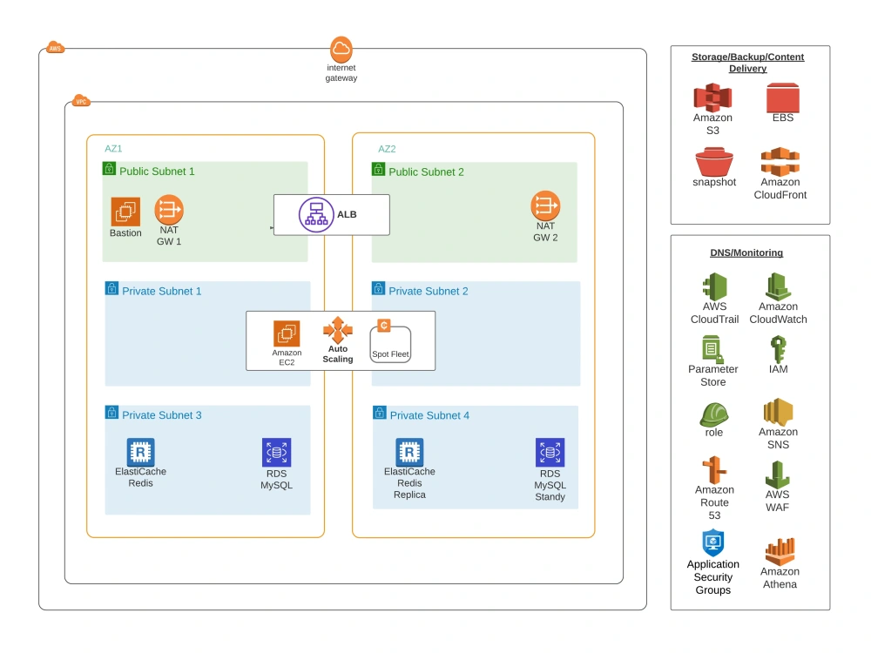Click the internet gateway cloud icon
pos(341,49)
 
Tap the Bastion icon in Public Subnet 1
pos(125,212)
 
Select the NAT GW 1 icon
pos(169,210)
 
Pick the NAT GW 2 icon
pos(545,206)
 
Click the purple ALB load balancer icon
pos(316,214)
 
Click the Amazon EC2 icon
pos(287,333)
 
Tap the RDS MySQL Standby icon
pos(550,453)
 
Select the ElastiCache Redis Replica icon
pos(409,453)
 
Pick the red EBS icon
pos(783,97)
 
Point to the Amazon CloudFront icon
pos(780,161)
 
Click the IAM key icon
pos(778,349)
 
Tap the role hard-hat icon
pos(713,414)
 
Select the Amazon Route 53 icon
pos(714,470)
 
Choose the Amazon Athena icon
pos(780,551)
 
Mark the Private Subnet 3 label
pos(161,415)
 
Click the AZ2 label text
pos(387,149)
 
